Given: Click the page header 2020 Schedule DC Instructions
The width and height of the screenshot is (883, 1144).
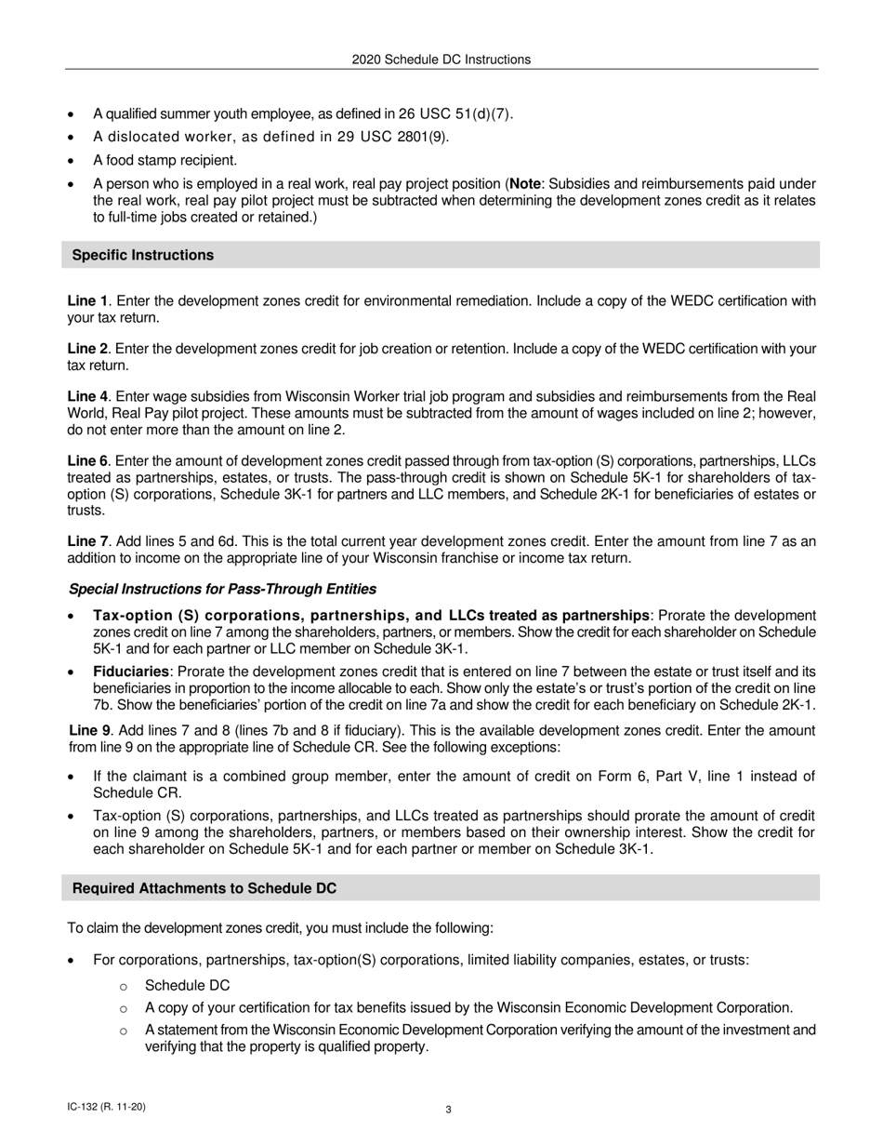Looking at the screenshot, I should point(441,60).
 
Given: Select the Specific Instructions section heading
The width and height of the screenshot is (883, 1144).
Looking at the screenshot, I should point(142,255).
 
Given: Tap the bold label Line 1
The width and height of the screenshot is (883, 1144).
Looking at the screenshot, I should point(87,301).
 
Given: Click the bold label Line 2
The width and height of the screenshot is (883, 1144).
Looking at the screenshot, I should point(87,349).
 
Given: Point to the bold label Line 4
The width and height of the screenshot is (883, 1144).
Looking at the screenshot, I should point(87,396).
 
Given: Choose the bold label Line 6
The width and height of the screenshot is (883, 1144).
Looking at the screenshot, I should point(87,460).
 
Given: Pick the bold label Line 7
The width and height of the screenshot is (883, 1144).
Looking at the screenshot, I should point(87,541).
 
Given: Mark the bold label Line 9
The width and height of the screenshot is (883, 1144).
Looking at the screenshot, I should point(89,731).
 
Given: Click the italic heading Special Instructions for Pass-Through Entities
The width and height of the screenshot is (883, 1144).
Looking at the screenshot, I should point(222,589).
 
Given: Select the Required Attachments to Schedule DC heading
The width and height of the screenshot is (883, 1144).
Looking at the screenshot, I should point(204,888).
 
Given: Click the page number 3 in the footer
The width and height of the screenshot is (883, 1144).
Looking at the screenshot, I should point(448,1109).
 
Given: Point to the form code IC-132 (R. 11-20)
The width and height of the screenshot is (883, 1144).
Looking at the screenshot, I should point(106,1107).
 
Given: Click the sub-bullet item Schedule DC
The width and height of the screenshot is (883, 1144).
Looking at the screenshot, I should point(187,985).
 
